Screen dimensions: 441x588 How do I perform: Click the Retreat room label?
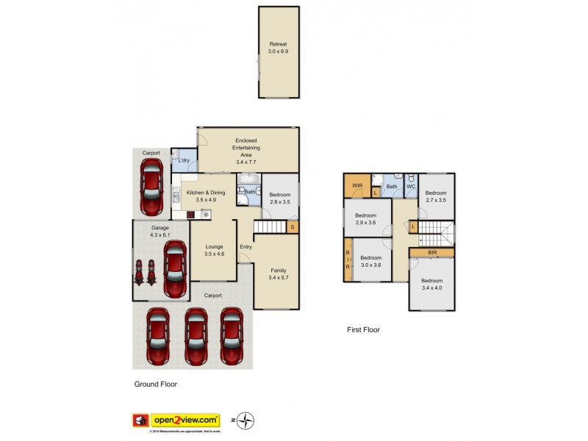click(278, 44)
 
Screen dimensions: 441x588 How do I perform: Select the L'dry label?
click(184, 161)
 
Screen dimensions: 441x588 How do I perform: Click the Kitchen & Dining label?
click(201, 193)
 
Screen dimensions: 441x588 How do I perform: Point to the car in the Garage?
click(174, 270)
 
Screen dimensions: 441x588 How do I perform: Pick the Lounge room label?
click(214, 248)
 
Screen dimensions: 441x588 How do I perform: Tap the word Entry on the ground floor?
click(245, 247)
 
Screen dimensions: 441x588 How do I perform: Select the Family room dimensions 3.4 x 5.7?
click(278, 278)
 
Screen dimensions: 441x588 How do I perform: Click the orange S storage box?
click(293, 227)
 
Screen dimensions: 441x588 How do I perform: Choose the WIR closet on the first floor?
click(357, 185)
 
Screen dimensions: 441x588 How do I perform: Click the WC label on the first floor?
click(411, 186)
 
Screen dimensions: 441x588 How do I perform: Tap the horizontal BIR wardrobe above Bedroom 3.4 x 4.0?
click(432, 252)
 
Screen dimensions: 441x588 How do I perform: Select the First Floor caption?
click(363, 330)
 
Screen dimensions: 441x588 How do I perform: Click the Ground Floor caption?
click(155, 384)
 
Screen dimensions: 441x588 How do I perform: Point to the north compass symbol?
click(246, 420)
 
